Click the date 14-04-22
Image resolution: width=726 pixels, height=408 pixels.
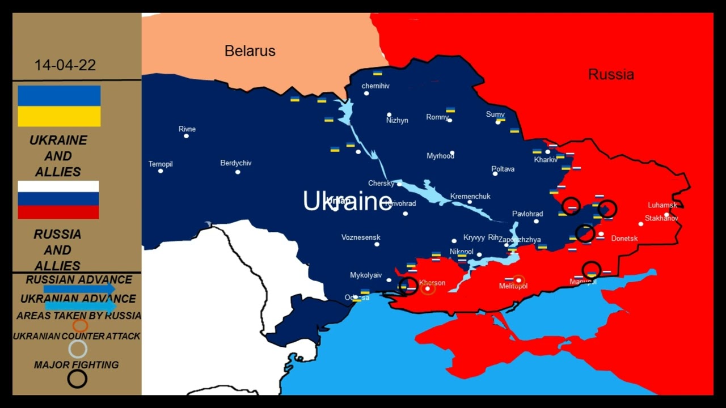65,65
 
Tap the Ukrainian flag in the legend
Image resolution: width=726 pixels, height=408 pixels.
59,106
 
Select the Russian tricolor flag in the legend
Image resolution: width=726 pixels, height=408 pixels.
58,200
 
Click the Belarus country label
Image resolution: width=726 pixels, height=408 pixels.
250,51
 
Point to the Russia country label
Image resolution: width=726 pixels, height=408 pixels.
611,74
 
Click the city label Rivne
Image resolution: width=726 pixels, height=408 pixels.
187,129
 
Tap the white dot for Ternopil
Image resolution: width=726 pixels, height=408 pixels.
161,171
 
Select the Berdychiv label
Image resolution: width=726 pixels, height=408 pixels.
236,163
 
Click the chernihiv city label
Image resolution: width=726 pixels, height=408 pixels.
375,86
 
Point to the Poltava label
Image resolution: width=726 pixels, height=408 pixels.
503,169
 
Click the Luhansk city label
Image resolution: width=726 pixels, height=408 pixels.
663,205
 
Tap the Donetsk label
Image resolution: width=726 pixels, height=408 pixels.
624,239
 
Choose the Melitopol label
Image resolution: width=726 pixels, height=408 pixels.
513,287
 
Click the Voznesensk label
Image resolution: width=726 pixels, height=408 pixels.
361,237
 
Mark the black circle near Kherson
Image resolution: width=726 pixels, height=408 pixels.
408,286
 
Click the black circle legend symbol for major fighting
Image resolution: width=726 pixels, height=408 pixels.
77,379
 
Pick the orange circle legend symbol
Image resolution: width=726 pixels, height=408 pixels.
80,326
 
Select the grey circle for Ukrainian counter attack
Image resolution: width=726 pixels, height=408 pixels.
78,349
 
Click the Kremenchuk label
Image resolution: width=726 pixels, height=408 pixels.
470,197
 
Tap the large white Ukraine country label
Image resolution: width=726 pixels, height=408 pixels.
347,202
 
